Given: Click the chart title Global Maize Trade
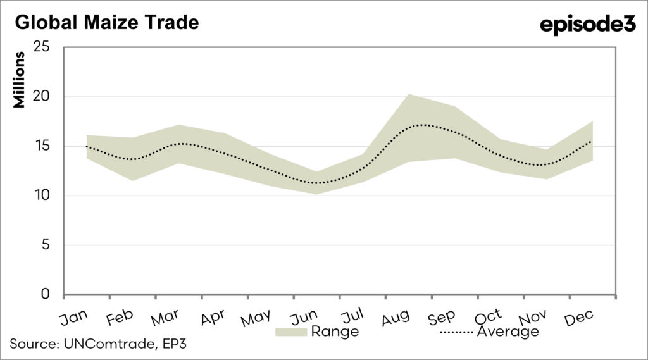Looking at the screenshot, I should tap(106, 23).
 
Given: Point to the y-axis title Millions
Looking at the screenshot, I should tap(20, 80).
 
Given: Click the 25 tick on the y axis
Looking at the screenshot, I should tap(42, 48).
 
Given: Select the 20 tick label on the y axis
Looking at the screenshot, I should tap(42, 97).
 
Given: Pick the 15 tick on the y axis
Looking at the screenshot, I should tap(42, 147).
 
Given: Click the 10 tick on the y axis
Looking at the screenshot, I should tap(42, 196).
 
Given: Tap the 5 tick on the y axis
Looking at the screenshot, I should tap(46, 245).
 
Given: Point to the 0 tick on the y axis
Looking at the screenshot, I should tap(46, 295).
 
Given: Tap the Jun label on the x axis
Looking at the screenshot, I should tap(304, 316).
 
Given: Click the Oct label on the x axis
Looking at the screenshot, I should tap(489, 316).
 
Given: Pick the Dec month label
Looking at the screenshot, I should tap(578, 316).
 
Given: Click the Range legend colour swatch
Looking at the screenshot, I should tap(290, 332).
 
